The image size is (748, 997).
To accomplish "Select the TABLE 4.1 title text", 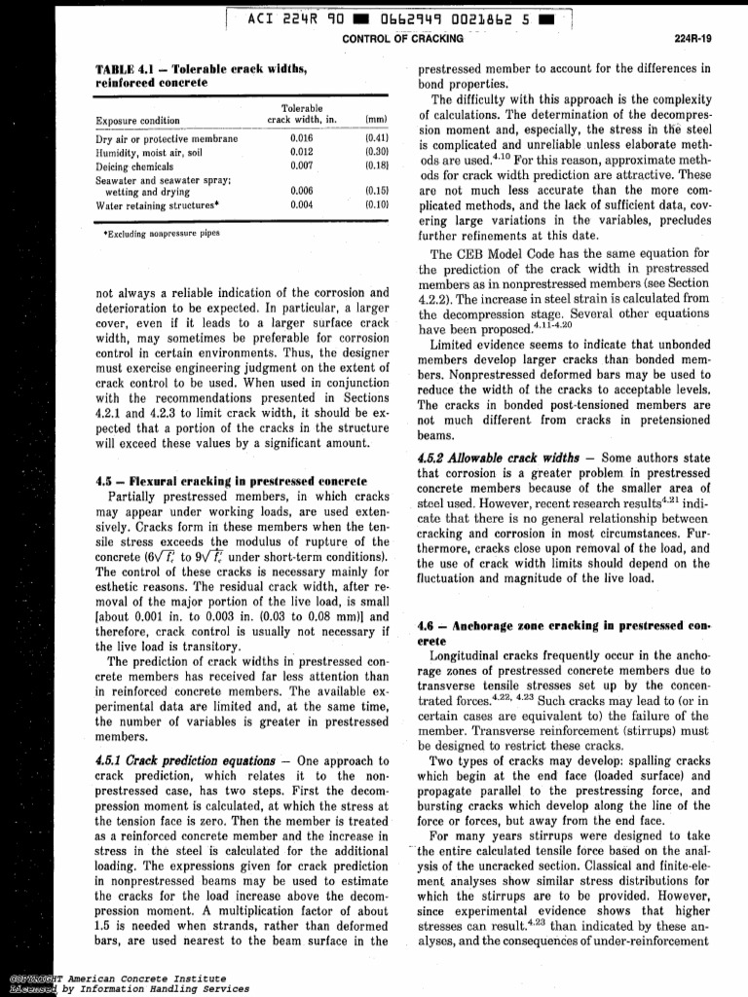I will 201,76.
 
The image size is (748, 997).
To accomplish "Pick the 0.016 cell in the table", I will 301,139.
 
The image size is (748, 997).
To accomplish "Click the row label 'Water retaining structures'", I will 157,205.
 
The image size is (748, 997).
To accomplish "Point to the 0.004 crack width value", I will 301,205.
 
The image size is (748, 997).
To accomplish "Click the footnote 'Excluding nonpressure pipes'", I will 162,235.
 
